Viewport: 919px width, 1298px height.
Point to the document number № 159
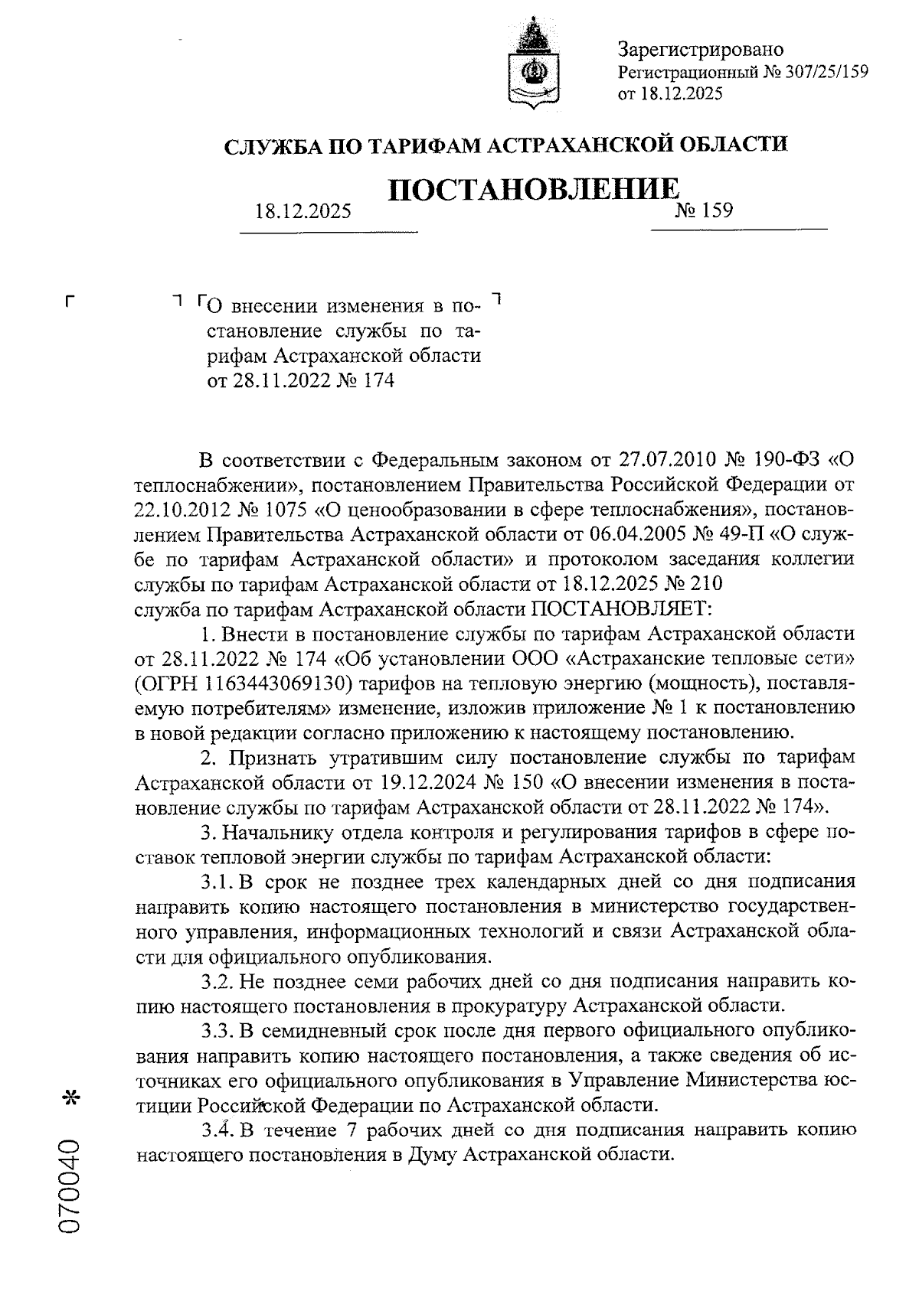click(703, 210)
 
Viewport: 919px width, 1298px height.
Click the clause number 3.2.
click(217, 981)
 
